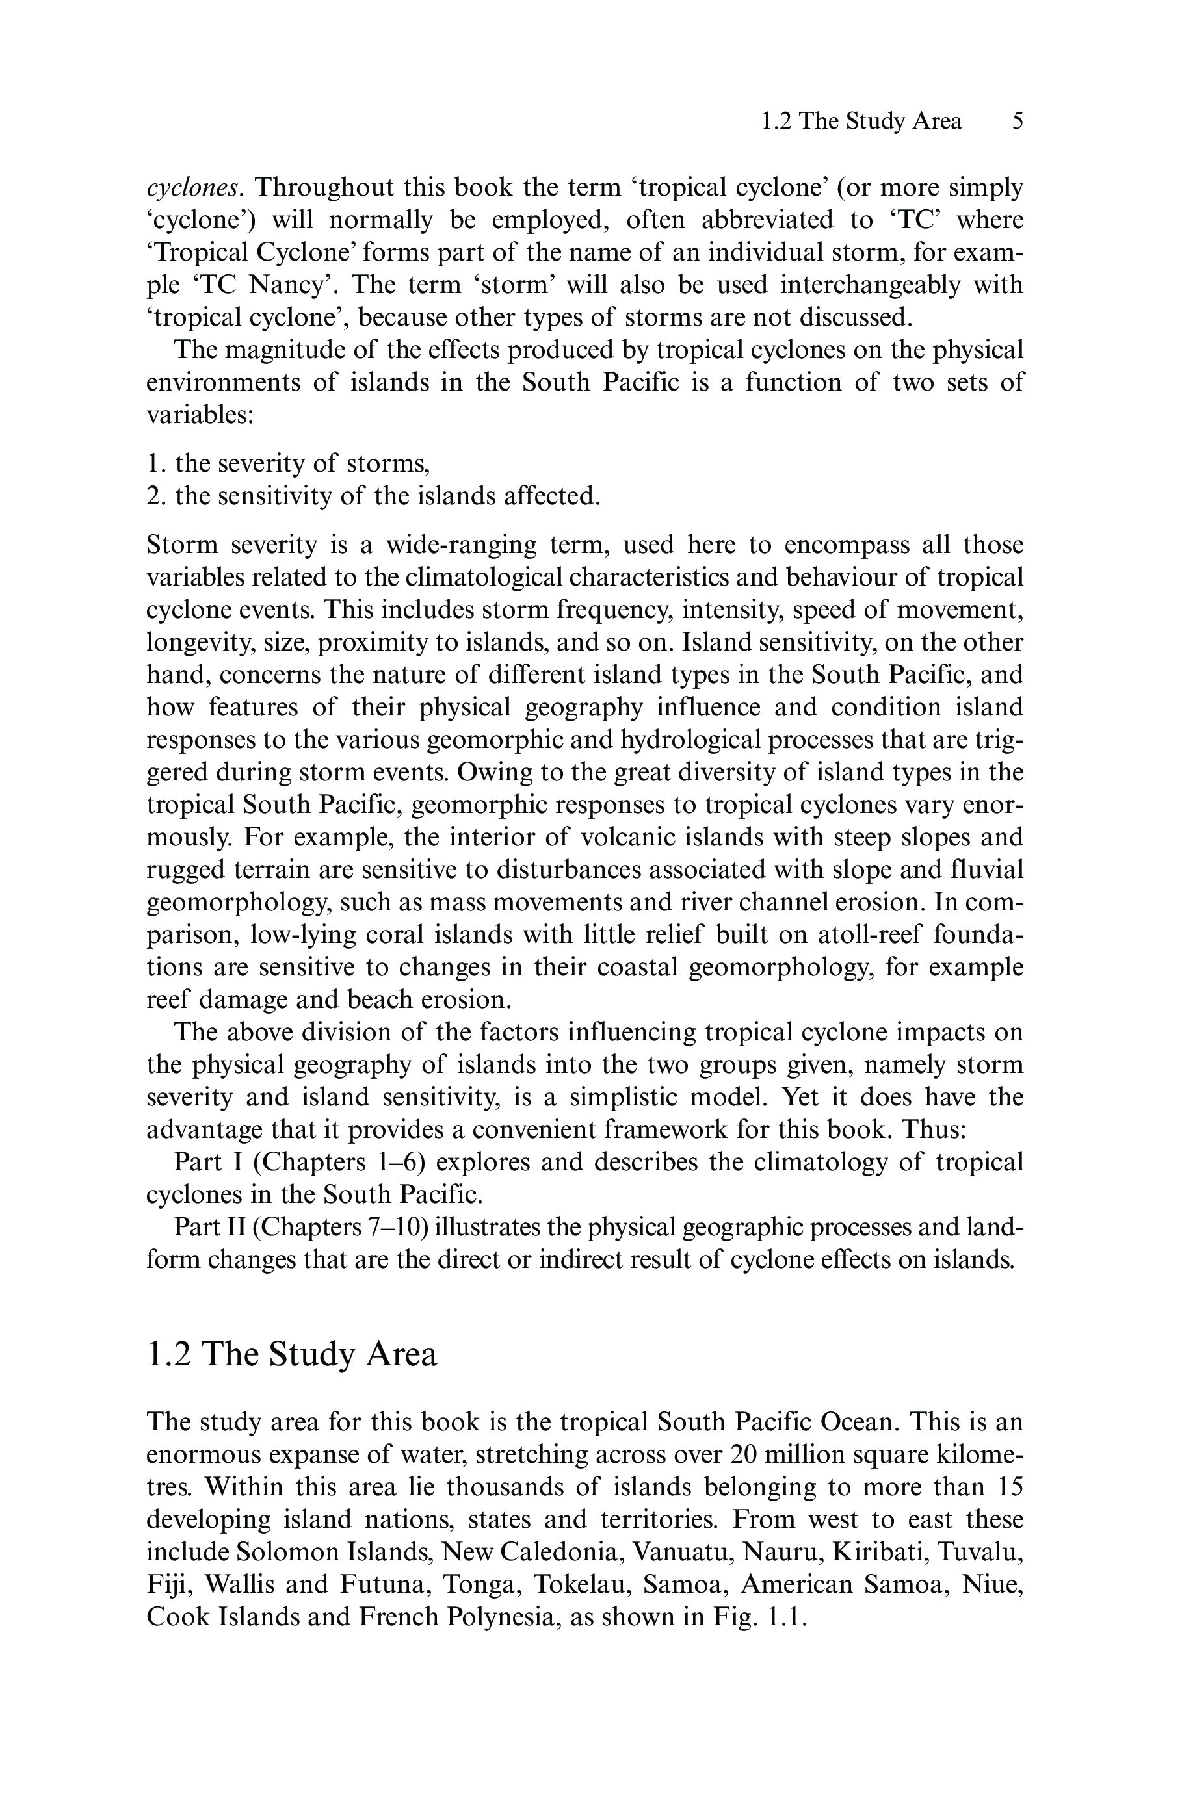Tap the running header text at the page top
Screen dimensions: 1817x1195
pyautogui.click(x=861, y=122)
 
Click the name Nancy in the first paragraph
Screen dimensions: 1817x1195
pyautogui.click(x=289, y=285)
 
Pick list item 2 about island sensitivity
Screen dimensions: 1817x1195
pyautogui.click(x=373, y=496)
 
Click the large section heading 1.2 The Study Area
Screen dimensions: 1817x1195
pyautogui.click(x=292, y=1354)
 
